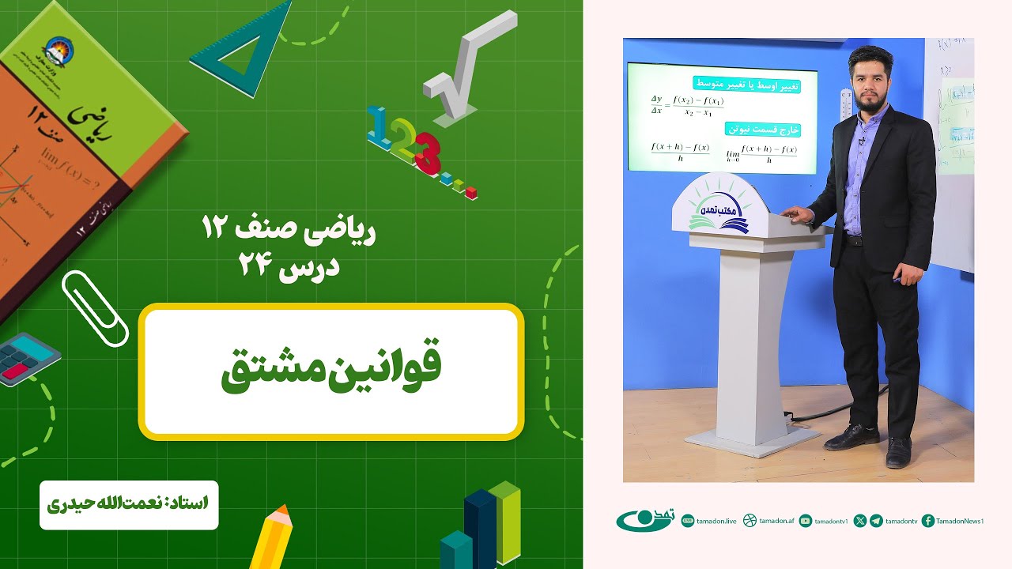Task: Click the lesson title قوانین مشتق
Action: [330, 371]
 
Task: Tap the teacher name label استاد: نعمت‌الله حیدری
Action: [129, 503]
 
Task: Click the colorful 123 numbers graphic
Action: [411, 146]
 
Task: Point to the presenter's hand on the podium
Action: [793, 213]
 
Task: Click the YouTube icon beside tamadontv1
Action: [805, 521]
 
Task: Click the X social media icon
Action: [860, 521]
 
